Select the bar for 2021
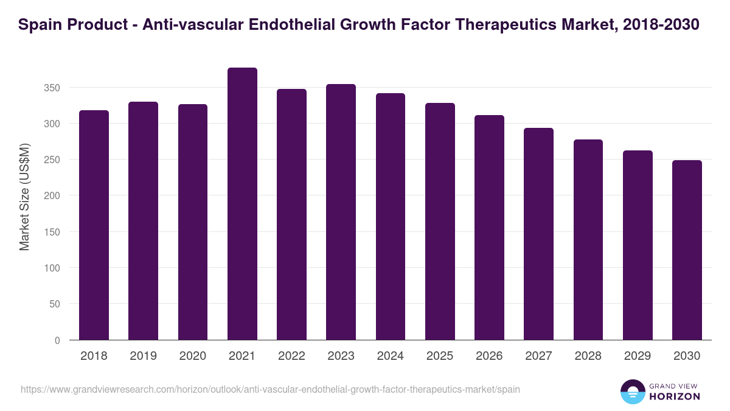(x=242, y=204)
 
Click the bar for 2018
(x=94, y=225)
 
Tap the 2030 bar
(x=687, y=250)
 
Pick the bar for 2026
(x=489, y=228)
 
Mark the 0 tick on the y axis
(x=57, y=340)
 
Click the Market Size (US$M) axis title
(x=24, y=197)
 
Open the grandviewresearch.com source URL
(x=270, y=389)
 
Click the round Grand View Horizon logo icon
(x=633, y=392)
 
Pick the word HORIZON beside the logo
(x=675, y=396)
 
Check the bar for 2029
(x=638, y=245)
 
